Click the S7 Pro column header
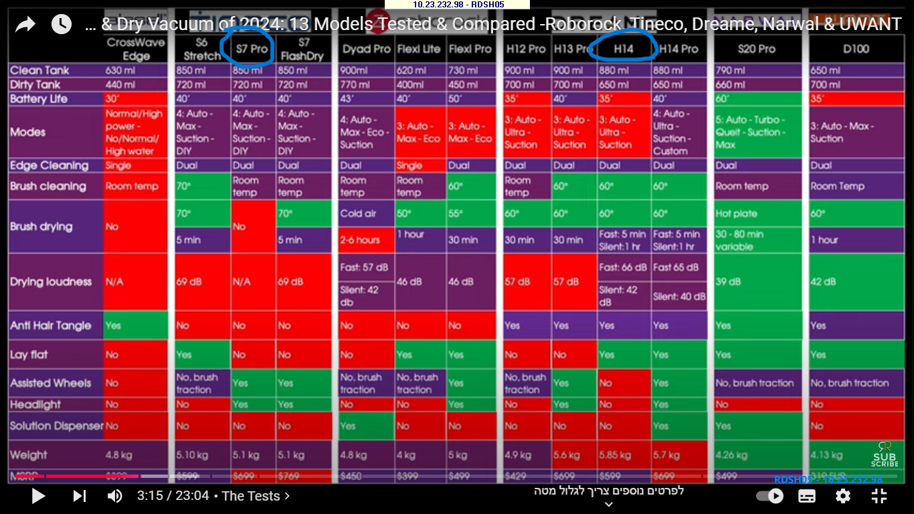coord(252,49)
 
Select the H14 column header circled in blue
coord(624,49)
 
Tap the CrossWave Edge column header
coord(136,50)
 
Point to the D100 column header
coord(856,49)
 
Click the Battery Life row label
coord(39,99)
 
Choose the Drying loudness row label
coord(51,282)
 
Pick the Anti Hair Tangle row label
coord(50,326)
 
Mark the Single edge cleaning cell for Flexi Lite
coord(409,165)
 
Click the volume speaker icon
coord(115,496)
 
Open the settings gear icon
coord(843,496)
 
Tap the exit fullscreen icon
coord(879,496)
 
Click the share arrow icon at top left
coord(25,25)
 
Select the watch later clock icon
coord(62,25)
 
